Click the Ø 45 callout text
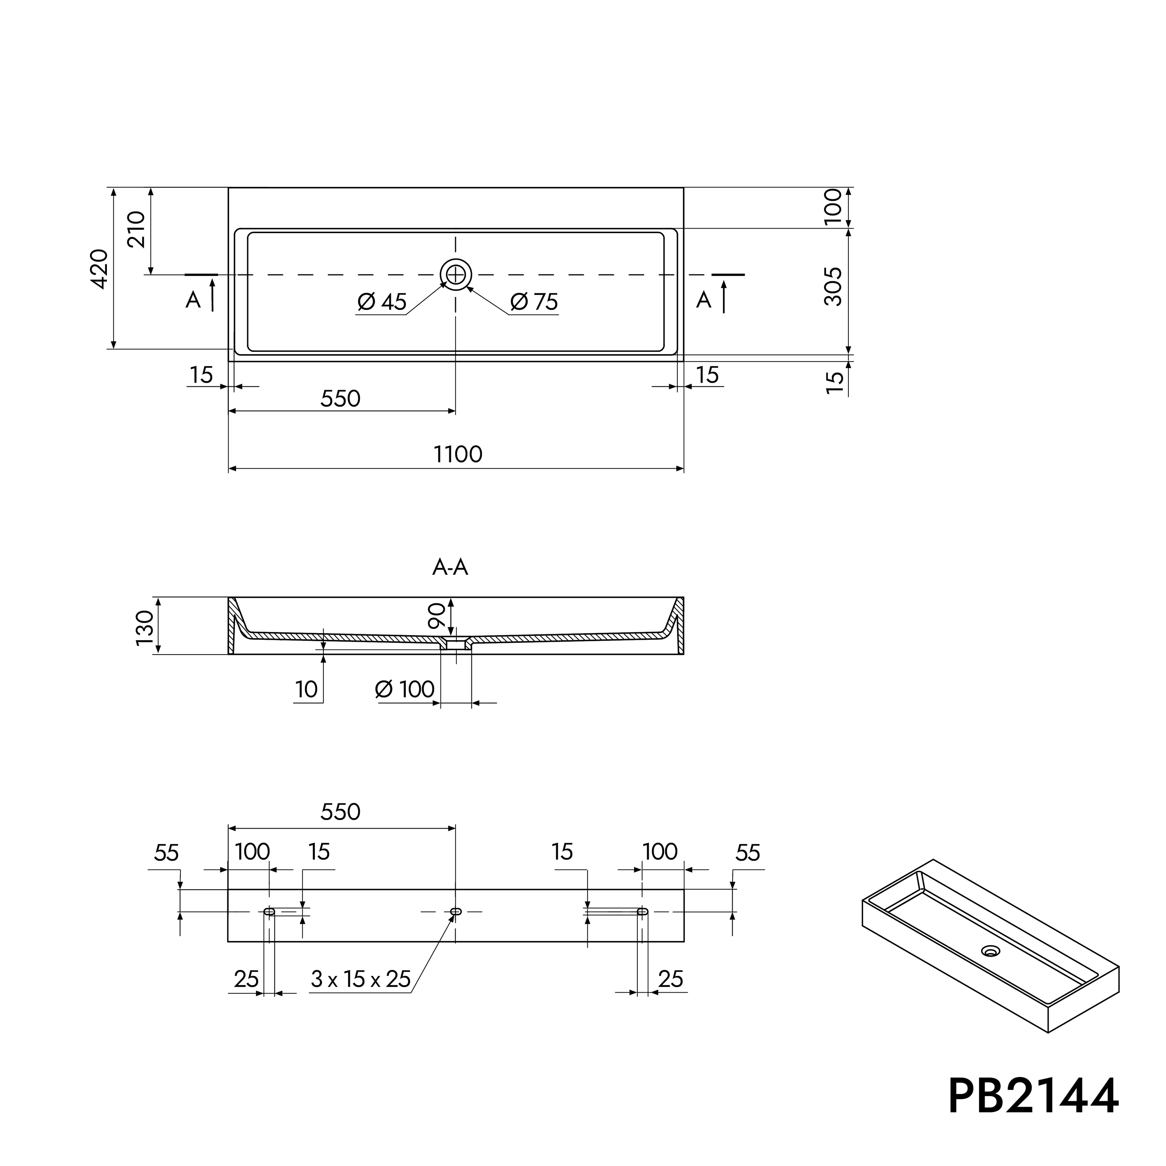pyautogui.click(x=382, y=301)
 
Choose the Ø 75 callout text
pyautogui.click(x=534, y=301)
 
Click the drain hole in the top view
pyautogui.click(x=456, y=275)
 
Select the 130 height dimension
pyautogui.click(x=145, y=628)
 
